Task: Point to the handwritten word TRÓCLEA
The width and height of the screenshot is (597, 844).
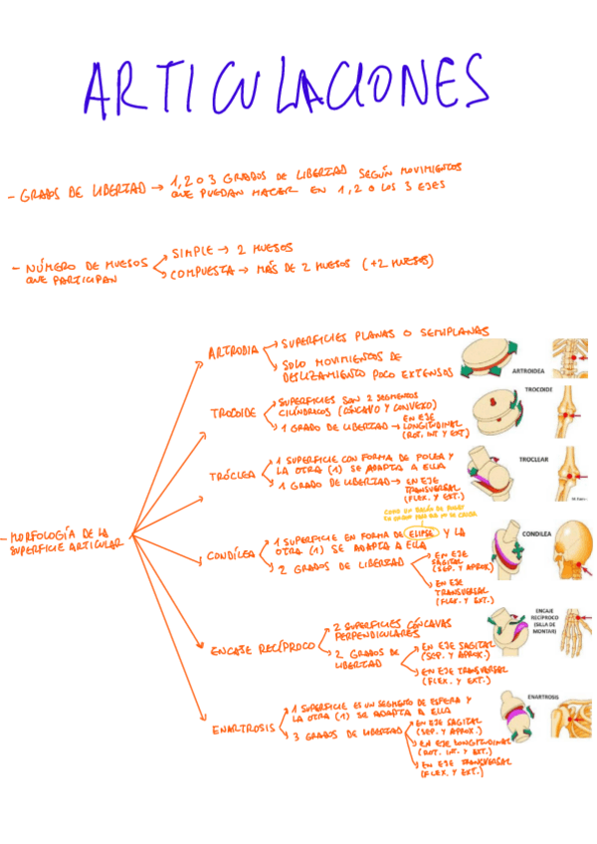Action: (232, 477)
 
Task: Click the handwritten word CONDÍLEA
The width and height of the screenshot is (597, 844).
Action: (231, 555)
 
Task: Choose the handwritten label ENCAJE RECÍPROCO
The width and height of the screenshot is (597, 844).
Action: (262, 649)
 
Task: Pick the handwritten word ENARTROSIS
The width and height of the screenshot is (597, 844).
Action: (243, 729)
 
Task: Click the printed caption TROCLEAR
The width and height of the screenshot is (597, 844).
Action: (533, 460)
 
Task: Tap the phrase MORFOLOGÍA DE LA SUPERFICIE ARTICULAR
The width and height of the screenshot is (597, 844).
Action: (65, 540)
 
